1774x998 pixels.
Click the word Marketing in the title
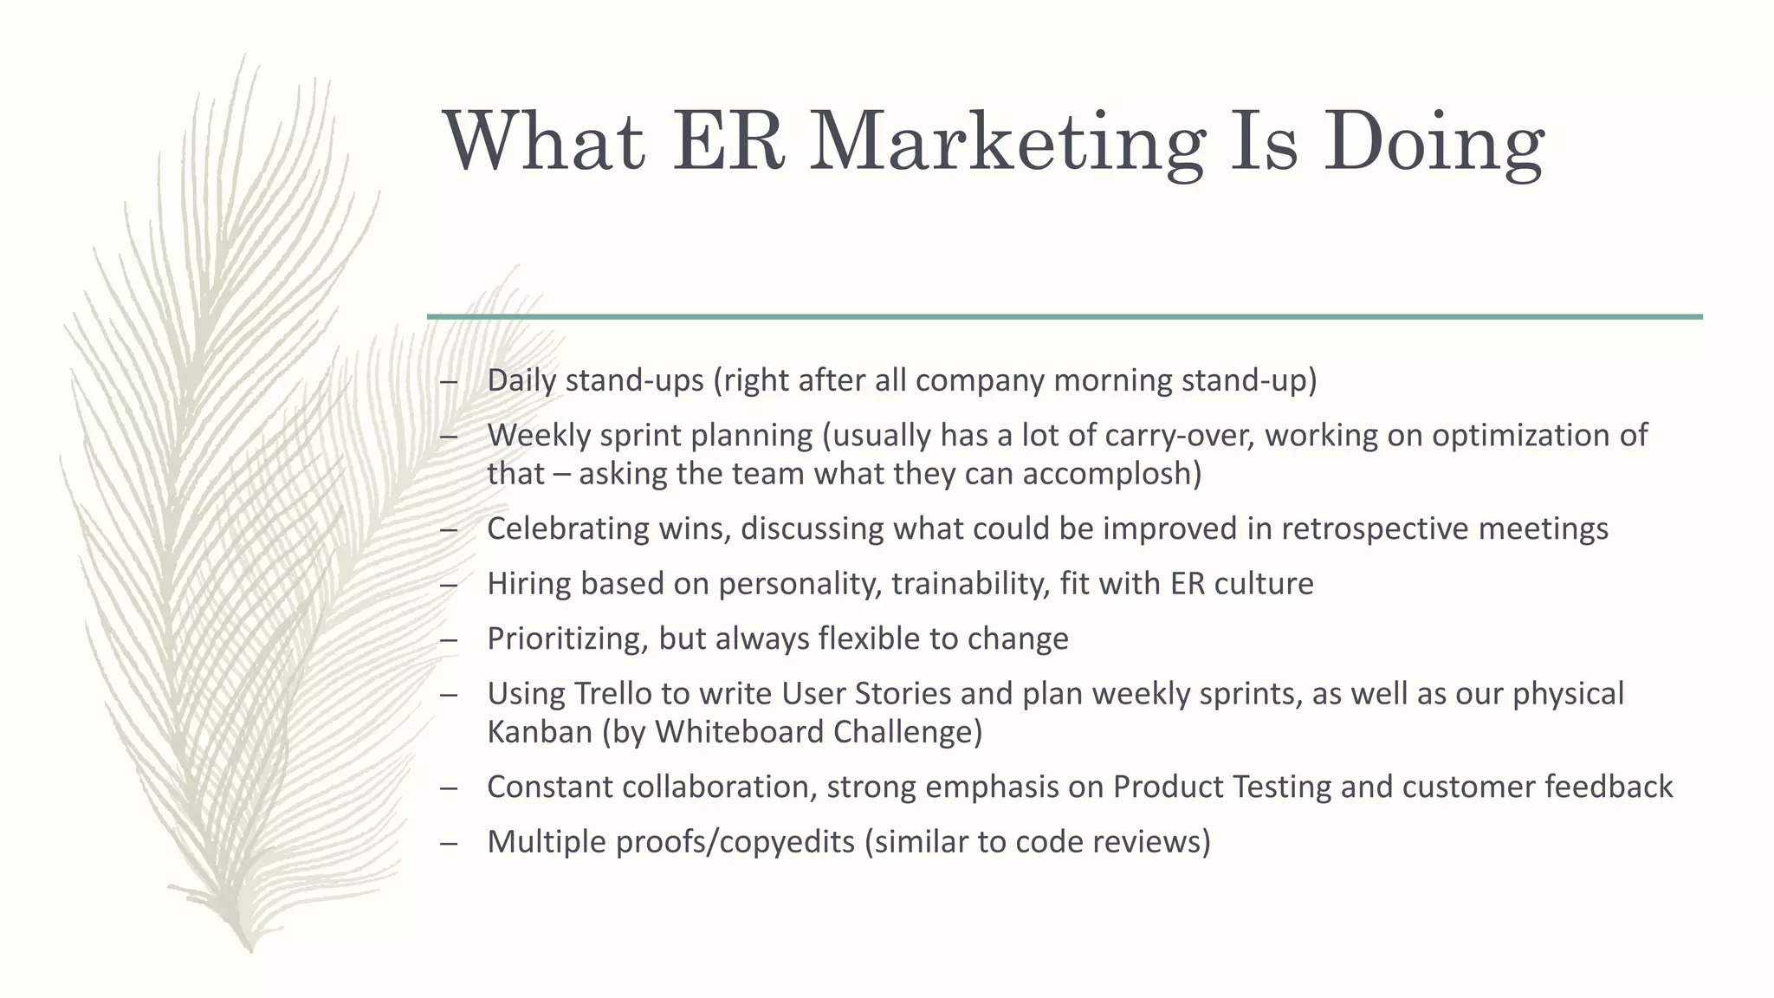(1007, 144)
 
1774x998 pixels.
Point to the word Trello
(621, 694)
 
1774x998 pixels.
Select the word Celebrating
(567, 528)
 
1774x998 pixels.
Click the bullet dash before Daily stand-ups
(448, 381)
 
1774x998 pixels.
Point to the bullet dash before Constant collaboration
(448, 787)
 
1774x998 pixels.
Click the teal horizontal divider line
(1065, 317)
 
